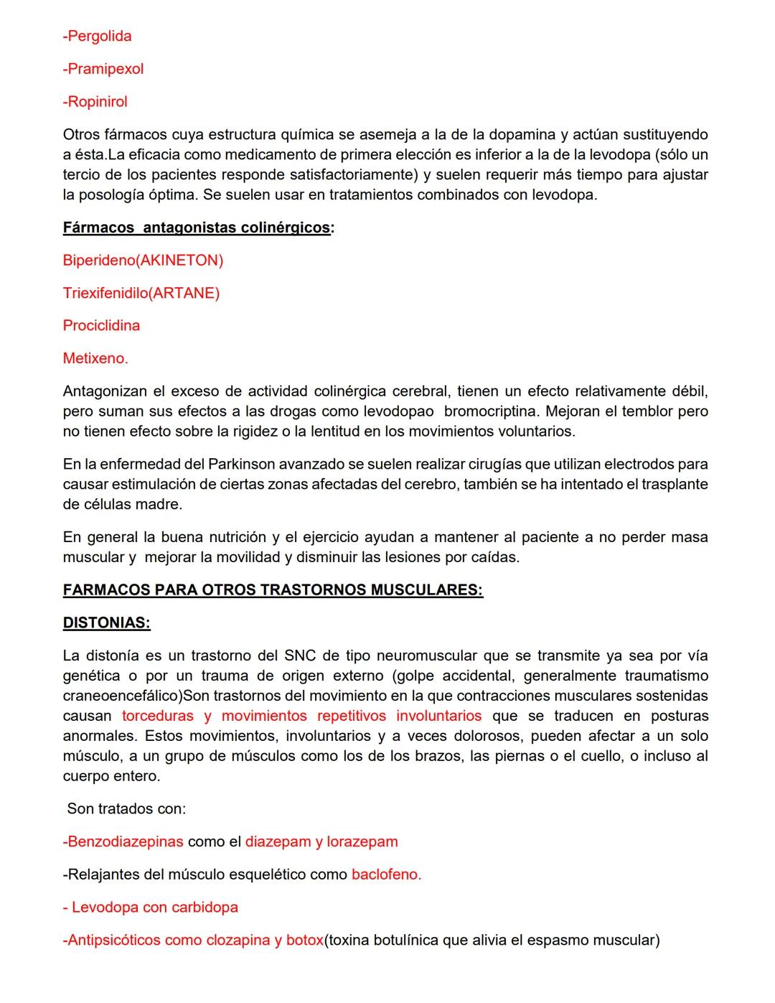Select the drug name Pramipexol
[x=103, y=69]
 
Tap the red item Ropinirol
[x=95, y=102]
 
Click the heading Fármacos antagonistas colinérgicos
[x=198, y=228]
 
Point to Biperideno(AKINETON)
[x=143, y=261]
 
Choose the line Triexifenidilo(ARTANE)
[x=141, y=293]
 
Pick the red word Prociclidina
[x=101, y=326]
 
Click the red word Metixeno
[x=95, y=358]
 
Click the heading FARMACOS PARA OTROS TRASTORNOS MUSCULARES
[x=273, y=590]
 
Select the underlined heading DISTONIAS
[x=107, y=623]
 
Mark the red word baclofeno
[x=386, y=874]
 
